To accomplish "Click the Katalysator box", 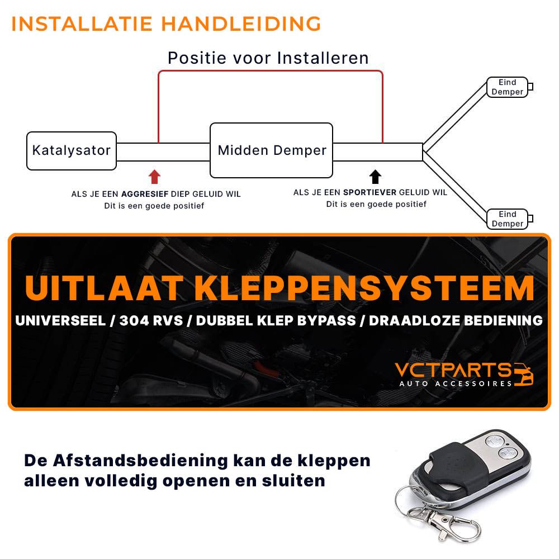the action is pos(72,150).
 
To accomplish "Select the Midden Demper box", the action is pos(271,150).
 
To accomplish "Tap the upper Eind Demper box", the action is pos(507,87).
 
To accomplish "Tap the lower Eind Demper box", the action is pos(507,219).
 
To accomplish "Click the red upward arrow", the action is pos(154,177).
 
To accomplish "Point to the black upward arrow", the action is pos(376,177).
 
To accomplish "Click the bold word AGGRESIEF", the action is pos(145,194).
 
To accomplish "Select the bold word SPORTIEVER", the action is pos(369,192).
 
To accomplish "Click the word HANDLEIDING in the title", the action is pos(241,24).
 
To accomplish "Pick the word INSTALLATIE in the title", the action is pos(82,24).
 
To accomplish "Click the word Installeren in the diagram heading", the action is pos(323,58).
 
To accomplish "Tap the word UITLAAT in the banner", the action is pos(104,288).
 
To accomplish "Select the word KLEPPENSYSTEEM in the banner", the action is pos(364,288).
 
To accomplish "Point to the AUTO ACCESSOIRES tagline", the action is pos(456,383).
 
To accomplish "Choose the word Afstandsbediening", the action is pos(140,461).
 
